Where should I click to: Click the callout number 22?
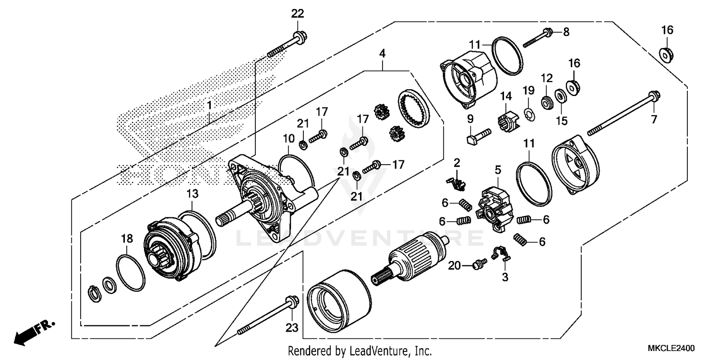tap(298, 14)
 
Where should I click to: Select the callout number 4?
tap(382, 53)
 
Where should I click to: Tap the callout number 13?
tap(192, 193)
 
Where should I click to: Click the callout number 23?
tap(292, 328)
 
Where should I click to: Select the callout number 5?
tap(498, 169)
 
